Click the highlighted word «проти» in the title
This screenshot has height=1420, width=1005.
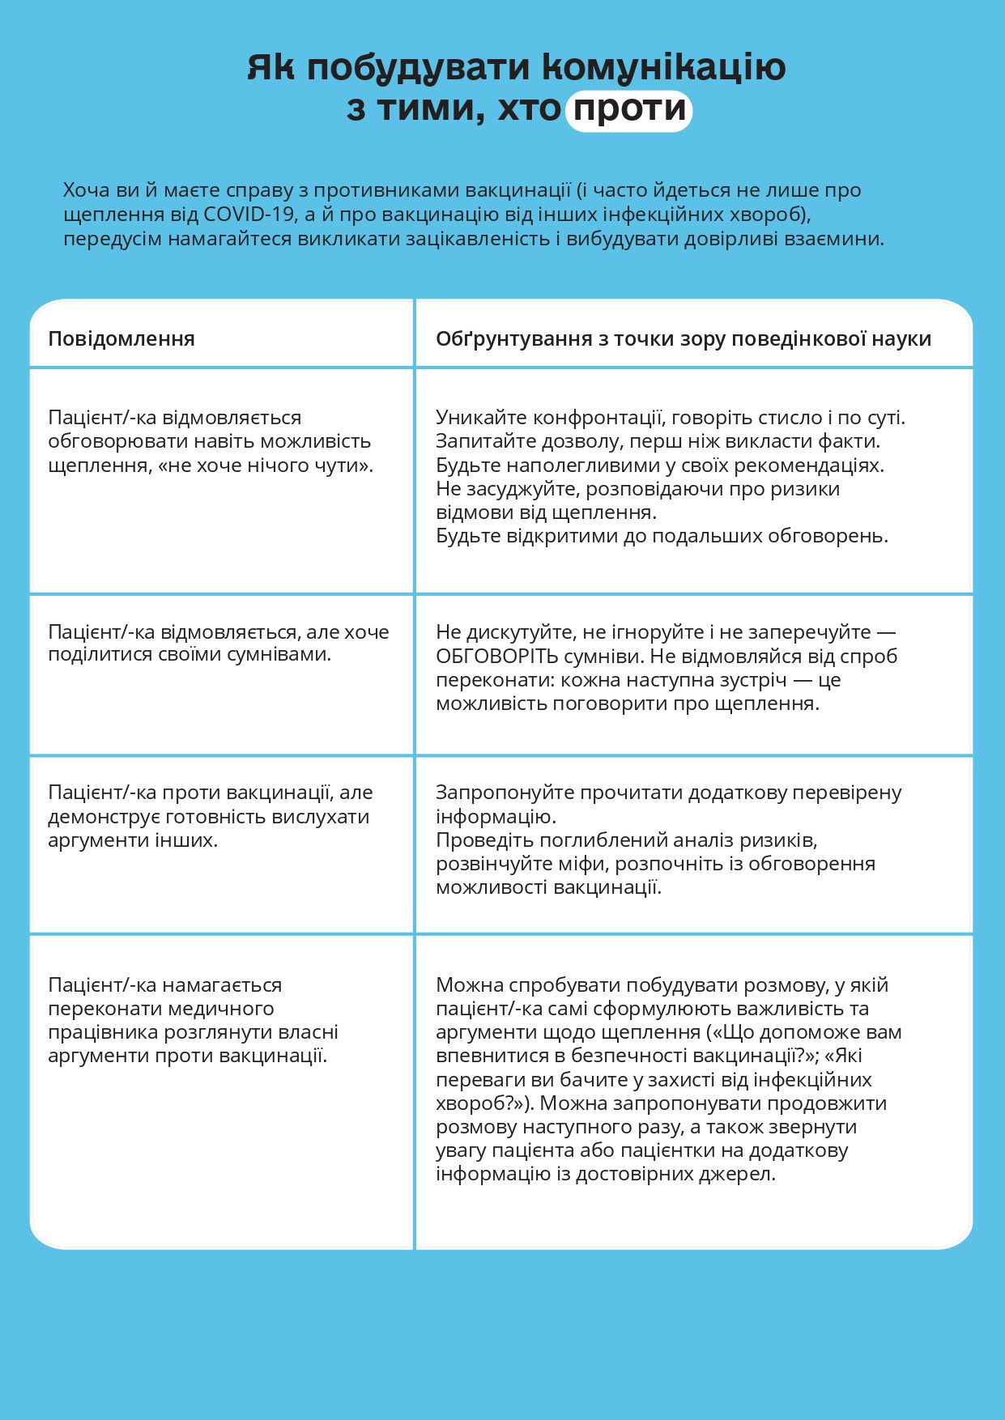629,109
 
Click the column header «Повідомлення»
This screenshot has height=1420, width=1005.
121,338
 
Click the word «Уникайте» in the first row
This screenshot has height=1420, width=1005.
474,418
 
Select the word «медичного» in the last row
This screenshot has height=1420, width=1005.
228,1009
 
